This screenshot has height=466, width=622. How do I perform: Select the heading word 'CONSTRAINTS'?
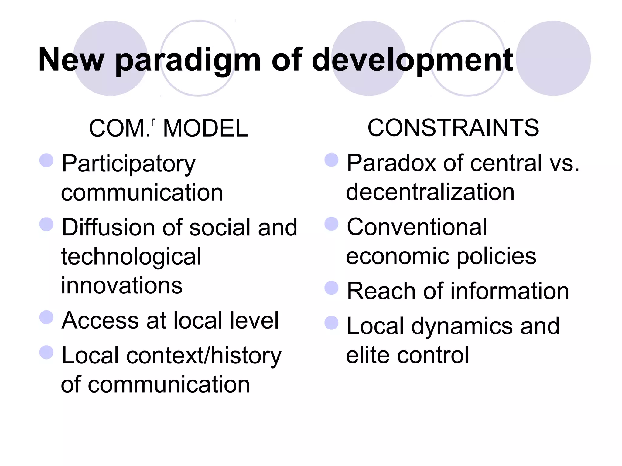(x=453, y=128)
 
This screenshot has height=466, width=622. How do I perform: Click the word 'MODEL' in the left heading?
(x=205, y=128)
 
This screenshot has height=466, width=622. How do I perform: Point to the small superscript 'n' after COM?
(x=154, y=122)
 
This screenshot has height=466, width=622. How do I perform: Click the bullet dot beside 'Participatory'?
(x=46, y=160)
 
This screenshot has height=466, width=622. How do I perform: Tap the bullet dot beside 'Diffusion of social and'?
(x=46, y=224)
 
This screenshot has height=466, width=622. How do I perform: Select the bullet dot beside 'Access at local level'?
(x=46, y=317)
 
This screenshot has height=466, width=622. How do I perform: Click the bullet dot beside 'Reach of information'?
(x=331, y=288)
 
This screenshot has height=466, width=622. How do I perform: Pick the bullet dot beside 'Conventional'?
(x=331, y=224)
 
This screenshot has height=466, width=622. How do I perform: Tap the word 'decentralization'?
(x=430, y=192)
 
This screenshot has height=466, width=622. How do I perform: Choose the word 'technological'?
(x=131, y=257)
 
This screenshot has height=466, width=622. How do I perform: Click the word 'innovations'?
(x=122, y=285)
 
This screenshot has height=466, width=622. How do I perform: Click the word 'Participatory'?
(x=128, y=164)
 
